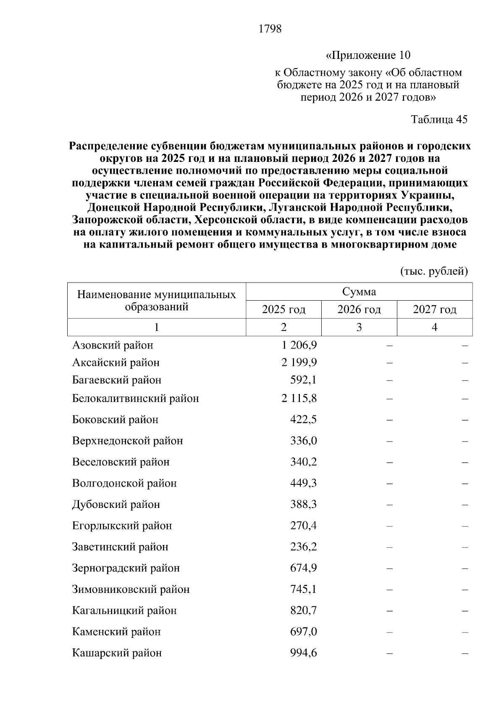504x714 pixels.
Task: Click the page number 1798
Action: tap(270, 29)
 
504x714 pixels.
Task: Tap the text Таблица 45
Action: tap(439, 119)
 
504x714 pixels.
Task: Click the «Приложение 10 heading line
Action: tap(368, 55)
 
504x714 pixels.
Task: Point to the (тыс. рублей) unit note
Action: tap(434, 271)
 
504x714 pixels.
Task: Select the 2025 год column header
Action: tap(283, 310)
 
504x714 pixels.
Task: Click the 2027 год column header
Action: tap(434, 310)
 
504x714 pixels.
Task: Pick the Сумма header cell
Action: tap(359, 292)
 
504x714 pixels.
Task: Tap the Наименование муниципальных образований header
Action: tap(157, 300)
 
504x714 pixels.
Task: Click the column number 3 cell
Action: tap(359, 327)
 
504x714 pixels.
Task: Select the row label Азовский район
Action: tap(113, 345)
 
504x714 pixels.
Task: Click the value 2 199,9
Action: tap(299, 362)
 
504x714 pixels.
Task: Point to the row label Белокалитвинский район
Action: tap(136, 398)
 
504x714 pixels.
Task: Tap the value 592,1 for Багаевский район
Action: tap(304, 380)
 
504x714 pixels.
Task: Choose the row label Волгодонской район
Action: tap(124, 483)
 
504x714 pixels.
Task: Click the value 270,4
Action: tap(304, 526)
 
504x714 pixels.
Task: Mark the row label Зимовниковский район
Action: tap(131, 590)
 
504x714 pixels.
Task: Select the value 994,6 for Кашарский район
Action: tap(304, 653)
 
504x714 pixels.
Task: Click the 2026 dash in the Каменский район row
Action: tap(389, 632)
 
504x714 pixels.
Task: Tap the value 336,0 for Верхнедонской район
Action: tap(304, 441)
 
